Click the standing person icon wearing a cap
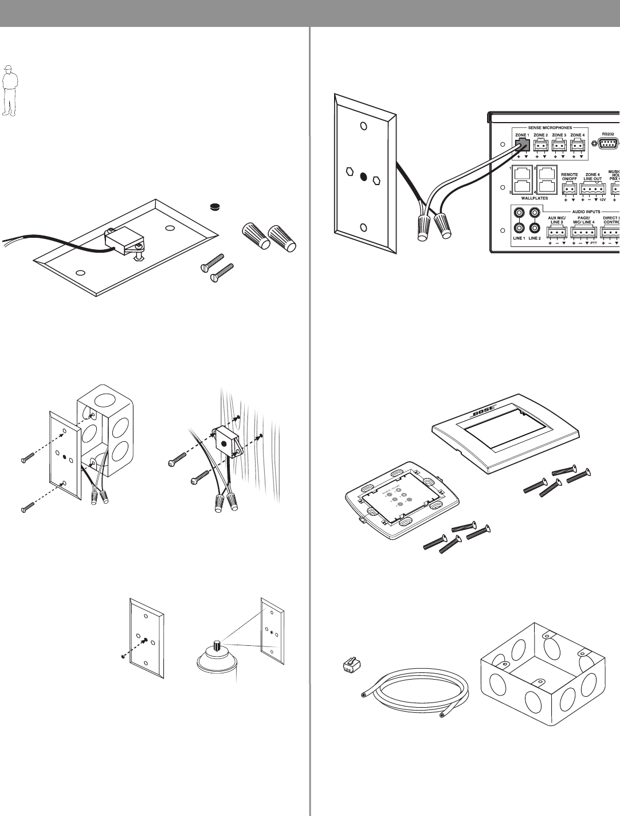coord(8,90)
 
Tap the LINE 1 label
coord(519,237)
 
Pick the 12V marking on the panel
coord(602,200)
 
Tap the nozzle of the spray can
coord(217,645)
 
